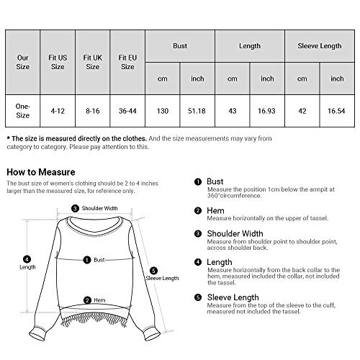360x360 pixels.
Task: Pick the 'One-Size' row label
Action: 24,109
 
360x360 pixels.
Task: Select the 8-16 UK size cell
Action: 93,109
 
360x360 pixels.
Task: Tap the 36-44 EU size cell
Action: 127,109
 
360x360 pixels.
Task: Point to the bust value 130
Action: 163,109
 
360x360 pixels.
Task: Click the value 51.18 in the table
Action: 198,109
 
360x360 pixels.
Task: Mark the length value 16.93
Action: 268,109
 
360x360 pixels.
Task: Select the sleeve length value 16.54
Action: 338,109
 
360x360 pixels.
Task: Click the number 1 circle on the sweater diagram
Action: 87,260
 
